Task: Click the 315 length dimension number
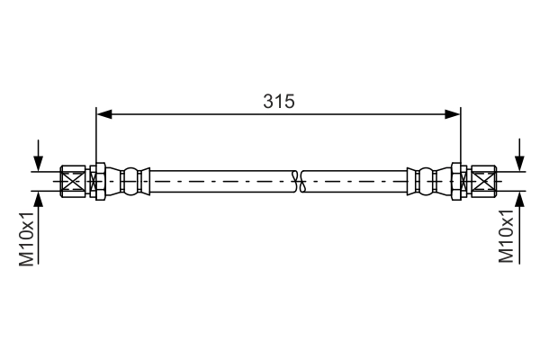(279, 102)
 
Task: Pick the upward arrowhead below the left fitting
(38, 199)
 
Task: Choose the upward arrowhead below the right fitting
(518, 199)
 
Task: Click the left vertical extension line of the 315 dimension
(95, 135)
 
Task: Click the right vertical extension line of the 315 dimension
(461, 135)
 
